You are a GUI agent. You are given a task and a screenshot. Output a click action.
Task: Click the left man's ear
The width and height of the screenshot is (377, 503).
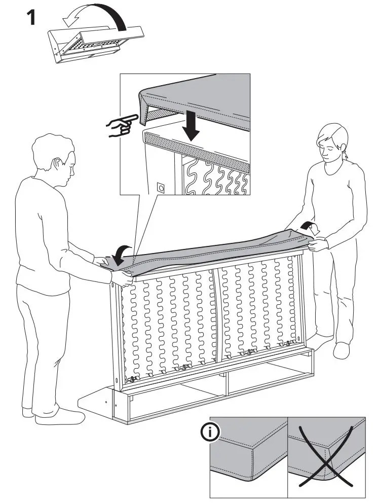tap(60, 164)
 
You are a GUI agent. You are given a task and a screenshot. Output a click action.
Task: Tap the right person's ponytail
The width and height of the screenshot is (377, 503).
tap(346, 151)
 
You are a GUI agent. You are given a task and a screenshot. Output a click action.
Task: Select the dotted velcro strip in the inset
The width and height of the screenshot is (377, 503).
tap(198, 150)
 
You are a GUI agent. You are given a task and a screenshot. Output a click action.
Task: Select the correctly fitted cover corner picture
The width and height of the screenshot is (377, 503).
tap(248, 456)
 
